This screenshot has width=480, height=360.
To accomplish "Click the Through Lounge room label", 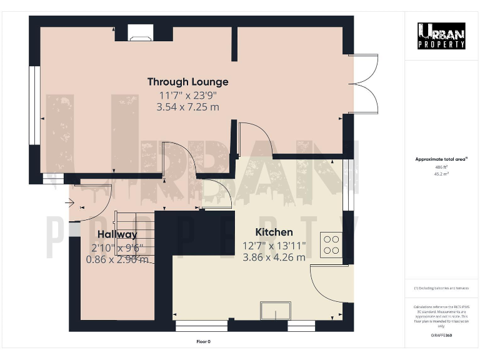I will click(x=187, y=82).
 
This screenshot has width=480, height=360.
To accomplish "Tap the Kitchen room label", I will click(x=274, y=232).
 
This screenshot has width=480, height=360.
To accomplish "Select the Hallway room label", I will click(x=117, y=235).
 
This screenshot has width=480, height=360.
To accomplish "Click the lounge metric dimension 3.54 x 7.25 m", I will click(x=187, y=107).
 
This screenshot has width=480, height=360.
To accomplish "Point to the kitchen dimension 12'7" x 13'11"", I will click(x=274, y=246).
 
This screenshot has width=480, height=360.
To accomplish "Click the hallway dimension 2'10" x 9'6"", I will click(x=117, y=247).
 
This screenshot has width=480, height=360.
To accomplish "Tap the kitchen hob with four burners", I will click(x=330, y=244).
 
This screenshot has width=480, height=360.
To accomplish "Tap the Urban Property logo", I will click(x=441, y=36).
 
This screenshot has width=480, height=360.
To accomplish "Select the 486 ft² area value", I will click(x=441, y=167).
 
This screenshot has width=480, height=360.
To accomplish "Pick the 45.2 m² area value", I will click(x=441, y=174).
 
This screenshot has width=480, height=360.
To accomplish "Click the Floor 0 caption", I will click(x=204, y=341).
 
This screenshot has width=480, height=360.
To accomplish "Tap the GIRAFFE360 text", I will click(x=441, y=336).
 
